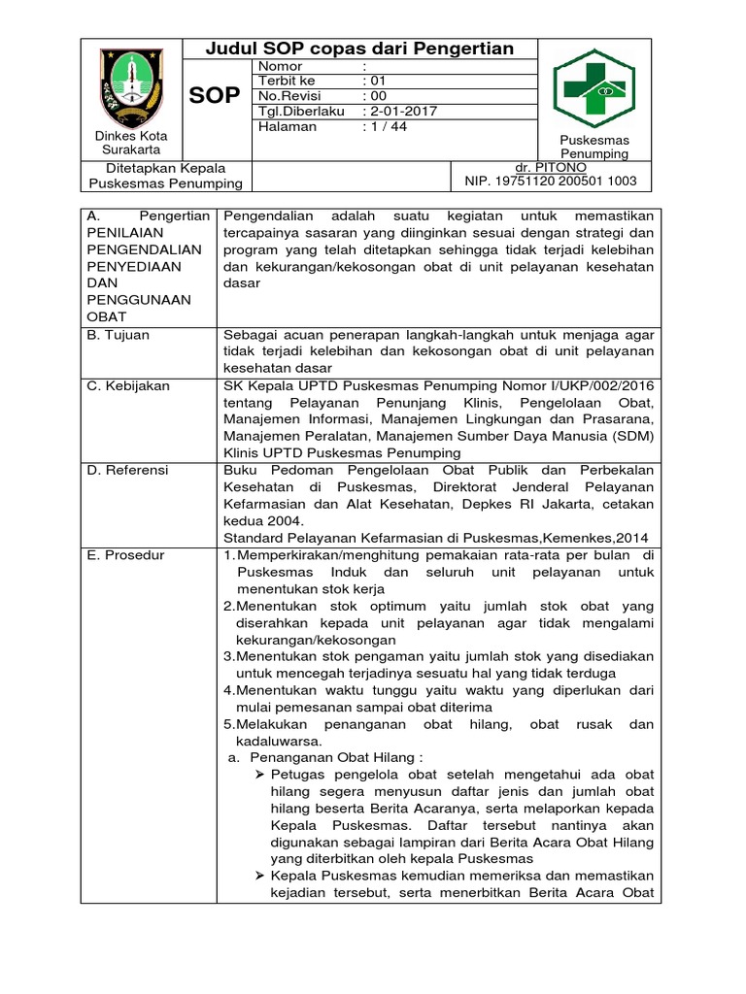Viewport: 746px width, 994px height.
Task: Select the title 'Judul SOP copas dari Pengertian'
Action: [361, 50]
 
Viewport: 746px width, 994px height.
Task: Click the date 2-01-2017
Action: [400, 112]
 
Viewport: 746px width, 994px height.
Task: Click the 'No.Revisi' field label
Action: [289, 97]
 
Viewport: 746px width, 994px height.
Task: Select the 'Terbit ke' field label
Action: [287, 82]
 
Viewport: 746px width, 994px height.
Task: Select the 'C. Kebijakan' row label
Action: [128, 385]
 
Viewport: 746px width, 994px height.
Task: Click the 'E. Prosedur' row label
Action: [126, 555]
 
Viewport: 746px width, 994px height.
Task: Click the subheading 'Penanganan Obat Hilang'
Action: [336, 756]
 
